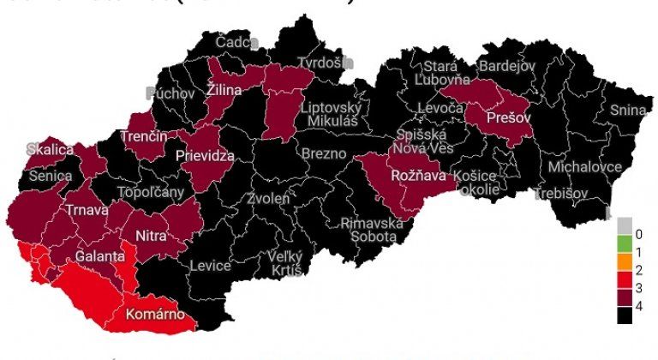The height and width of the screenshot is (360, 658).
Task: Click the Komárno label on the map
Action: coord(155,314)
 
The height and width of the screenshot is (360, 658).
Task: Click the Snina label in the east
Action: coord(629,110)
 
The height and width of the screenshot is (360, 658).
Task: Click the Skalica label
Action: coord(51,148)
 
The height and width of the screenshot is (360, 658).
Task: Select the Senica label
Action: coord(51,175)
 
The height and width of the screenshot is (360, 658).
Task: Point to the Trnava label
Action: coord(87,210)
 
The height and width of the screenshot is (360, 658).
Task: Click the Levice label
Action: coord(210,266)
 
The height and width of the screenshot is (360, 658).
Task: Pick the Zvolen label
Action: coord(268,198)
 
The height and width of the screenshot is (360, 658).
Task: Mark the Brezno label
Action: coord(323,153)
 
